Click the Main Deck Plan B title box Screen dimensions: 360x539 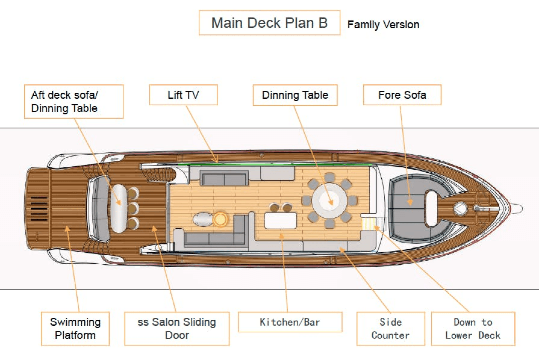[x=269, y=23]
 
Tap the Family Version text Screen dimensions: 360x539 [x=383, y=25]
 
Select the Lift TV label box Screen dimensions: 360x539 [x=183, y=95]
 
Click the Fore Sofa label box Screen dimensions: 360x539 [x=402, y=95]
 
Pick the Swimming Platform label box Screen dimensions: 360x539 [x=75, y=328]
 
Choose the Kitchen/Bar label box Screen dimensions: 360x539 [x=290, y=322]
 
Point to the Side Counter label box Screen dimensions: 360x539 [x=390, y=328]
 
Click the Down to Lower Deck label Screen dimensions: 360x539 [x=473, y=328]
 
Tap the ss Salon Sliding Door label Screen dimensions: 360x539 [x=177, y=328]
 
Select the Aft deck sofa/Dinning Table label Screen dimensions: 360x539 [x=74, y=101]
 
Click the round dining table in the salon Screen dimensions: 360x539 [x=330, y=201]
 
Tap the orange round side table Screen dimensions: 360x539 [x=220, y=219]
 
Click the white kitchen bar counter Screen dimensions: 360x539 [x=281, y=220]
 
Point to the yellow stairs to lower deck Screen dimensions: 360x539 [x=369, y=223]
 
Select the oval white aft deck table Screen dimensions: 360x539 [x=119, y=208]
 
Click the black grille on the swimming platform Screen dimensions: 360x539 [x=39, y=209]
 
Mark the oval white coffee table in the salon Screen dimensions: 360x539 [x=203, y=219]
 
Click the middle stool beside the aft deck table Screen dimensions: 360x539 [x=133, y=208]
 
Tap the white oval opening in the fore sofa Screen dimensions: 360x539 [x=432, y=208]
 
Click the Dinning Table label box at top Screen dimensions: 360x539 [x=295, y=95]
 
